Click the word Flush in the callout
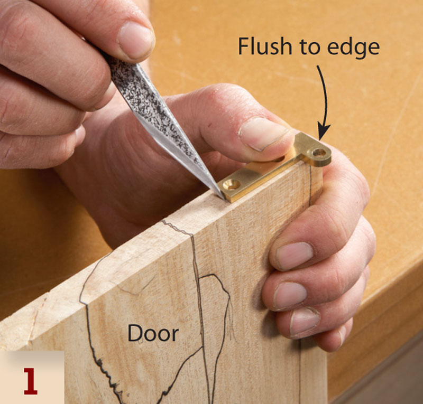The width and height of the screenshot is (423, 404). pyautogui.click(x=265, y=46)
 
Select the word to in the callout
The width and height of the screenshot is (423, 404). pyautogui.click(x=309, y=47)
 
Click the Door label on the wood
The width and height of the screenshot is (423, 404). pyautogui.click(x=153, y=333)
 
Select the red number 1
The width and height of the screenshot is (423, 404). pyautogui.click(x=30, y=381)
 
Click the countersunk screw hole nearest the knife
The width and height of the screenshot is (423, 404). pyautogui.click(x=232, y=185)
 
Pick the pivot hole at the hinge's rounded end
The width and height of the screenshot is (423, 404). pyautogui.click(x=319, y=153)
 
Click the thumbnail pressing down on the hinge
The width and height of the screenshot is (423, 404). pyautogui.click(x=263, y=133)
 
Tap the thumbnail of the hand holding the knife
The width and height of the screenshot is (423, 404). pyautogui.click(x=135, y=40)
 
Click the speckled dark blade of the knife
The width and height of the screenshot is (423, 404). pyautogui.click(x=151, y=113)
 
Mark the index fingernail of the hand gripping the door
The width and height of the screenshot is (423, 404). pyautogui.click(x=294, y=256)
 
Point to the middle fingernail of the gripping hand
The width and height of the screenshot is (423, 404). pyautogui.click(x=290, y=296)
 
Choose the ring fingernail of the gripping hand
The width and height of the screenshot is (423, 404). pyautogui.click(x=305, y=321)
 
